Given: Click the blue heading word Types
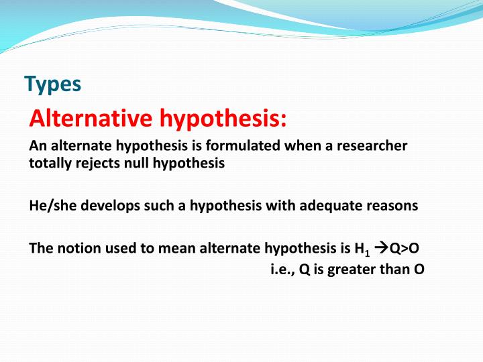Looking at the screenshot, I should tap(52, 84).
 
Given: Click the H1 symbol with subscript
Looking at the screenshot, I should tap(363, 249).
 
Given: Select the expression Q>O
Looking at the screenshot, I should tap(405, 248).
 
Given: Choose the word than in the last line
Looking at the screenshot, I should tap(394, 269).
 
